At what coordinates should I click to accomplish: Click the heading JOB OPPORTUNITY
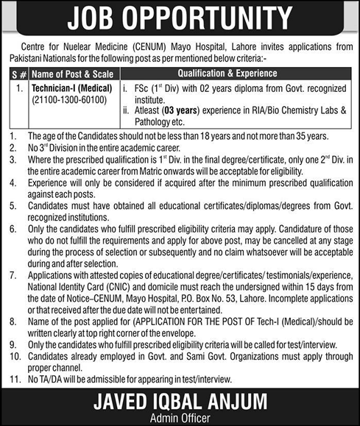(180, 18)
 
